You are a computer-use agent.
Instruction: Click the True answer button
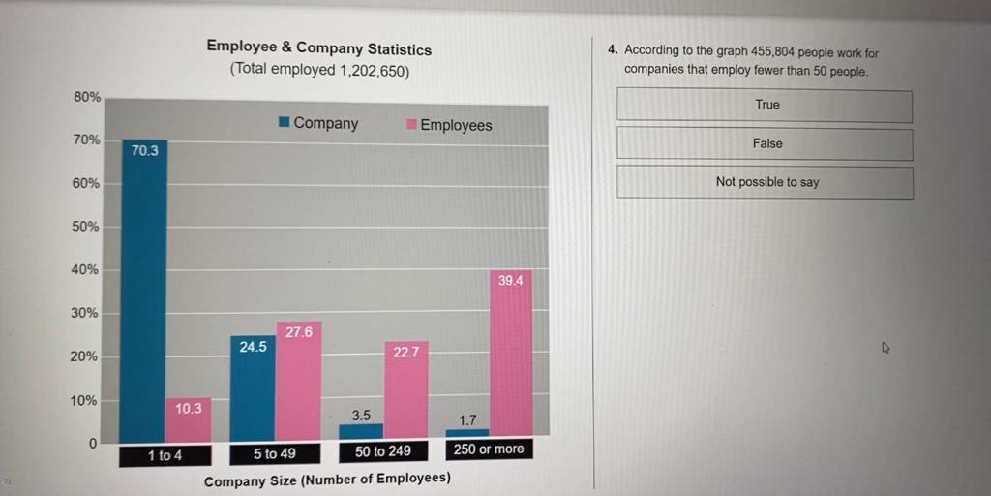click(765, 106)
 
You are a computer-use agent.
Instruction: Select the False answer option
click(765, 144)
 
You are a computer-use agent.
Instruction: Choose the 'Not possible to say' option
click(765, 182)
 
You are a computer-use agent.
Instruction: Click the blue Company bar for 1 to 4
click(143, 291)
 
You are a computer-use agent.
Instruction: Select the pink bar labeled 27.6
click(298, 382)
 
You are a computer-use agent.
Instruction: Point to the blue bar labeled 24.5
click(253, 388)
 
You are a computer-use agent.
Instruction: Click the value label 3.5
click(361, 415)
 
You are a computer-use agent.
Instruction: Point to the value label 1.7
click(467, 419)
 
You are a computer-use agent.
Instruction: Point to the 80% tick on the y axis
click(87, 97)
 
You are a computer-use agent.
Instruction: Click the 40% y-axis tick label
click(86, 269)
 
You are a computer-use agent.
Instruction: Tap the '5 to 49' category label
click(275, 453)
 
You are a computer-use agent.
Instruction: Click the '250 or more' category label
click(489, 449)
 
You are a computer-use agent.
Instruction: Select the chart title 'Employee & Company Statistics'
click(319, 48)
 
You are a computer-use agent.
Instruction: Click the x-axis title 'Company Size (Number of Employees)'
click(327, 479)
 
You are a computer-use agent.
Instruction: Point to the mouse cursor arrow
click(885, 347)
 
